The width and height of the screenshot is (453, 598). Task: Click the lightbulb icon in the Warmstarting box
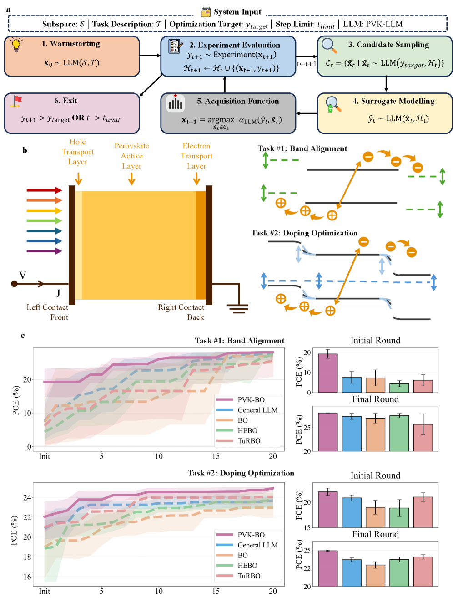click(x=16, y=44)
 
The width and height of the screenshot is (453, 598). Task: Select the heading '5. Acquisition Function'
click(x=238, y=101)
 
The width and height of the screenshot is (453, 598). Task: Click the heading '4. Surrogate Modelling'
click(x=393, y=101)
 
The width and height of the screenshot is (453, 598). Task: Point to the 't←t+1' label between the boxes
click(x=307, y=64)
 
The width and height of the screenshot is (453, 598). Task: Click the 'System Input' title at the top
click(x=237, y=12)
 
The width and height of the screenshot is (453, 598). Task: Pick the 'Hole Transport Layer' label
click(x=78, y=152)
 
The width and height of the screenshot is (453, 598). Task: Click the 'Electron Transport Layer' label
click(x=196, y=156)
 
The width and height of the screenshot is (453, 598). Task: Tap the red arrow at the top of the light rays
click(x=44, y=190)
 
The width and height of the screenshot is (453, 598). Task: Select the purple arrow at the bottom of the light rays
click(x=44, y=251)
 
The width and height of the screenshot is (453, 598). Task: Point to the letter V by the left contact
click(x=22, y=276)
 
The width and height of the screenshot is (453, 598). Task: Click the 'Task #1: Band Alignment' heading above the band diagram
click(x=302, y=148)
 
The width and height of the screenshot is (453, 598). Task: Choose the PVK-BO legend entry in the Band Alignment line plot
click(x=251, y=400)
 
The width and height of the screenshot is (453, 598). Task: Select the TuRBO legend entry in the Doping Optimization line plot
click(x=249, y=576)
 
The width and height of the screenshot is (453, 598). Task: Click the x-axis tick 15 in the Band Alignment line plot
click(x=216, y=456)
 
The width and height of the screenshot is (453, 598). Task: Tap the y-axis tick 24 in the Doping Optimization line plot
click(x=27, y=497)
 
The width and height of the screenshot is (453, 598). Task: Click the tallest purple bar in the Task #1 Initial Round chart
click(x=327, y=373)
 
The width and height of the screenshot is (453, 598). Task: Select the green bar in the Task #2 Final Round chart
click(x=399, y=572)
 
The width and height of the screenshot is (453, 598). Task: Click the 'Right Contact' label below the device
click(x=181, y=307)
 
